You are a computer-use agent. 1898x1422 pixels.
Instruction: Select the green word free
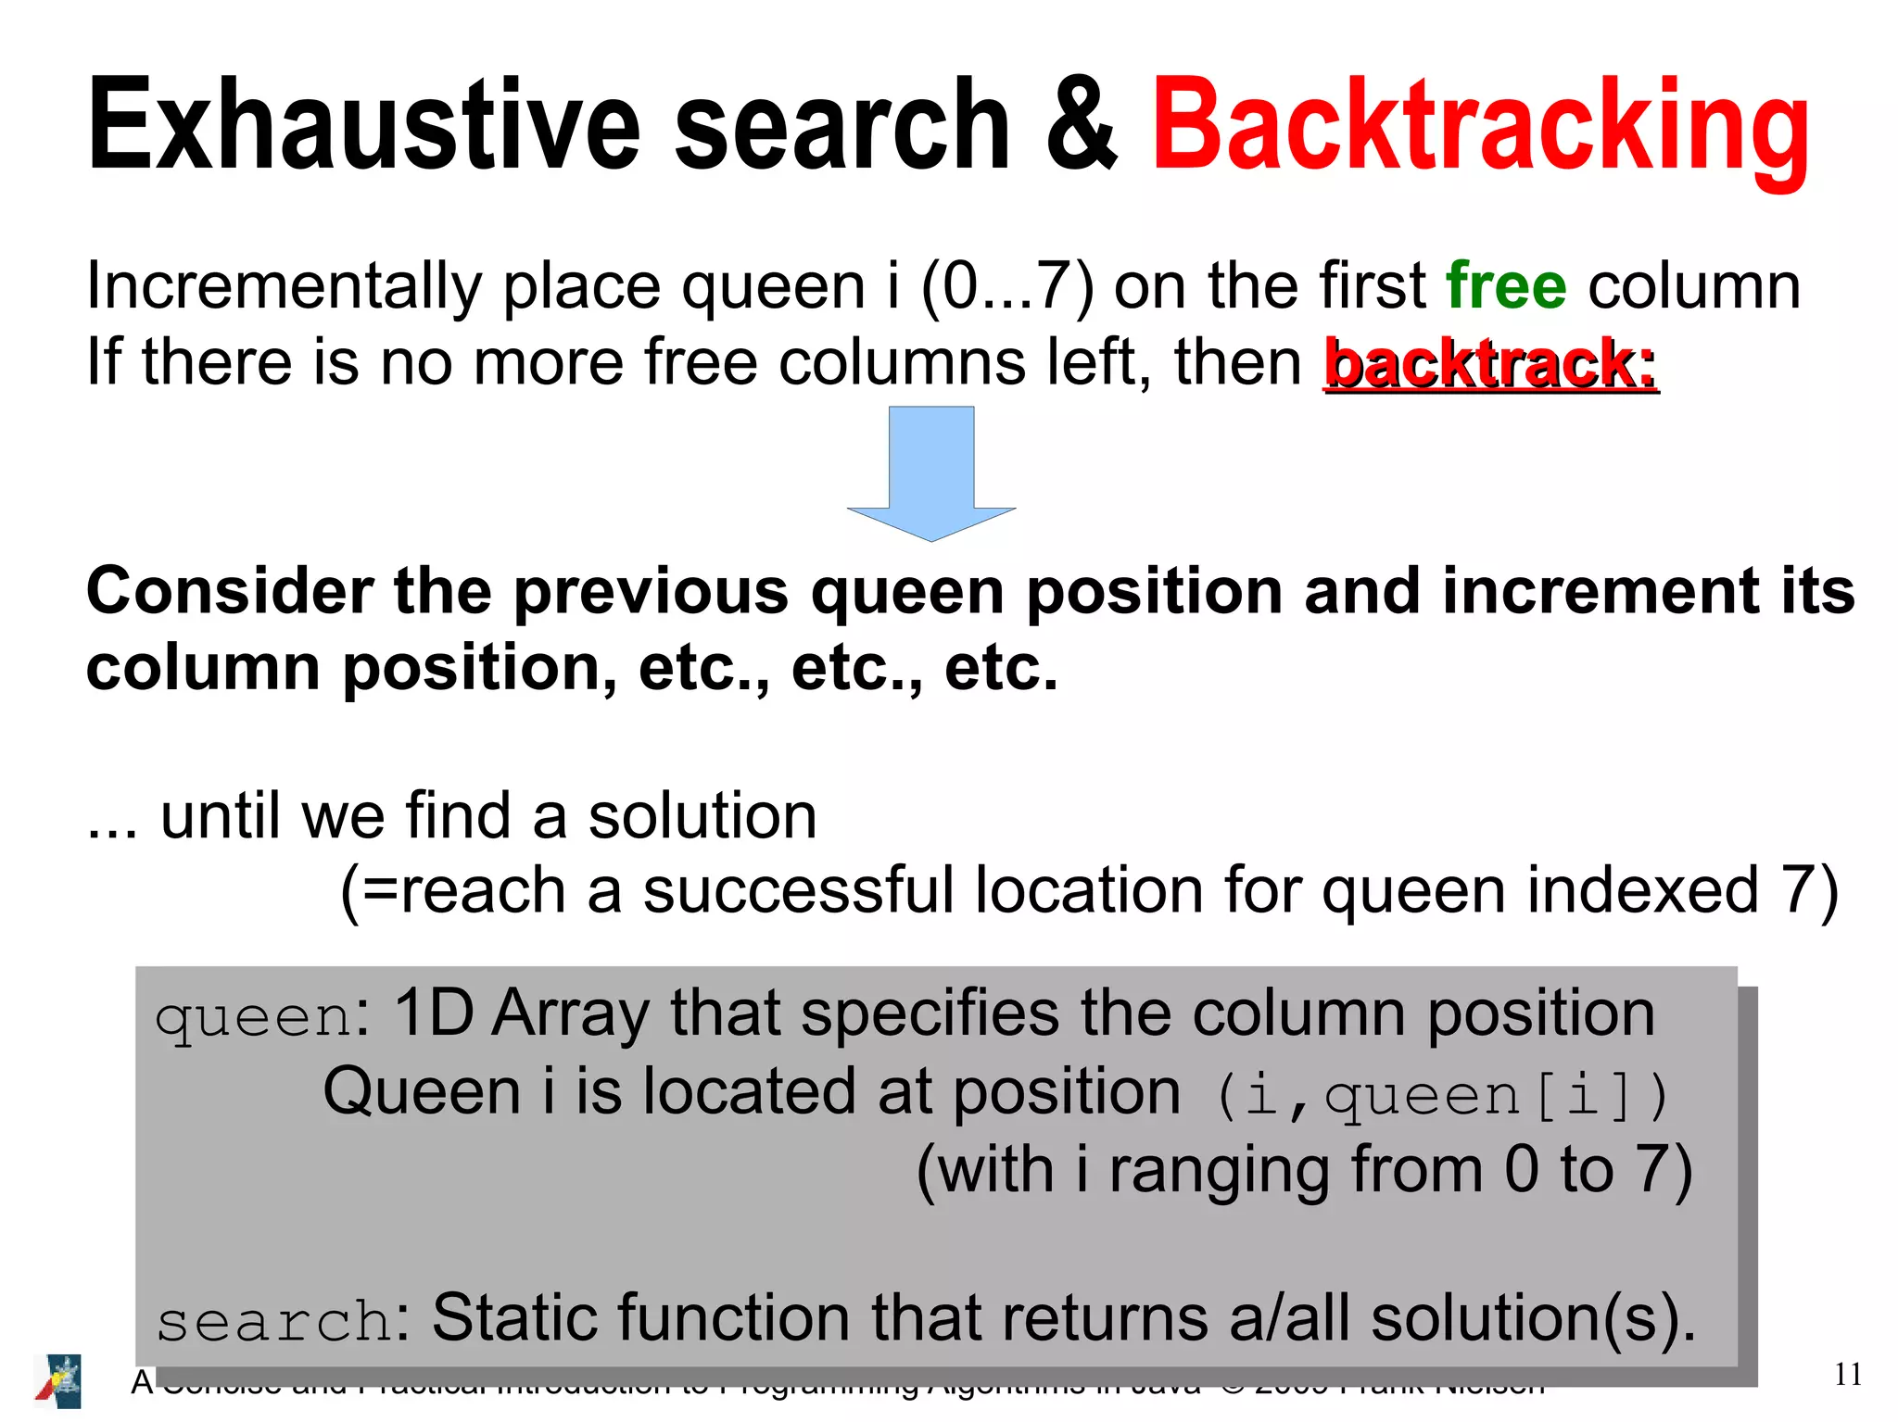[x=1506, y=285]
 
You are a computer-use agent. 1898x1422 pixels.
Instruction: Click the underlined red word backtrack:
[x=1490, y=362]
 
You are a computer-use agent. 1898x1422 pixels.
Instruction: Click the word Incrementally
[x=284, y=287]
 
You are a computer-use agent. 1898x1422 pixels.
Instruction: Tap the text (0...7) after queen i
[x=1007, y=285]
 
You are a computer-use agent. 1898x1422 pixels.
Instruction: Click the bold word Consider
[x=228, y=591]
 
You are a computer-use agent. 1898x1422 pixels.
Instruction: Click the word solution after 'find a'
[x=702, y=816]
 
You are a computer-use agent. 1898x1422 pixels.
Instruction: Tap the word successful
[x=798, y=890]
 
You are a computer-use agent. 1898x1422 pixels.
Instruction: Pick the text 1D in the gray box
[x=433, y=1013]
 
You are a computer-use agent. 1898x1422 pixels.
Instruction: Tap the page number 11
[x=1847, y=1374]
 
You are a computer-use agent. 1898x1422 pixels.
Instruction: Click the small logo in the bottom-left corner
[x=58, y=1380]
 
